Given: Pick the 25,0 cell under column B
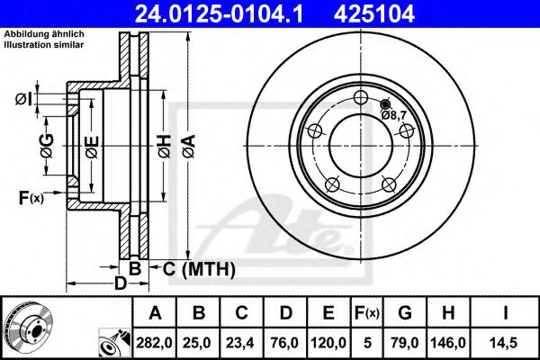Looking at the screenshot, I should coord(200,342).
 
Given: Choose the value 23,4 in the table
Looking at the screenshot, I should coord(243,342).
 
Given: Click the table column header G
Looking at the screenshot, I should coord(406,313).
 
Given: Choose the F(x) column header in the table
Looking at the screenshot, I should coord(368,313).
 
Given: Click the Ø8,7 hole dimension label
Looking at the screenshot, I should coord(394,114).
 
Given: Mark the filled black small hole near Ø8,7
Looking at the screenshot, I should coord(386,103).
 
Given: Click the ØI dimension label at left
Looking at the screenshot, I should coord(25,99).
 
